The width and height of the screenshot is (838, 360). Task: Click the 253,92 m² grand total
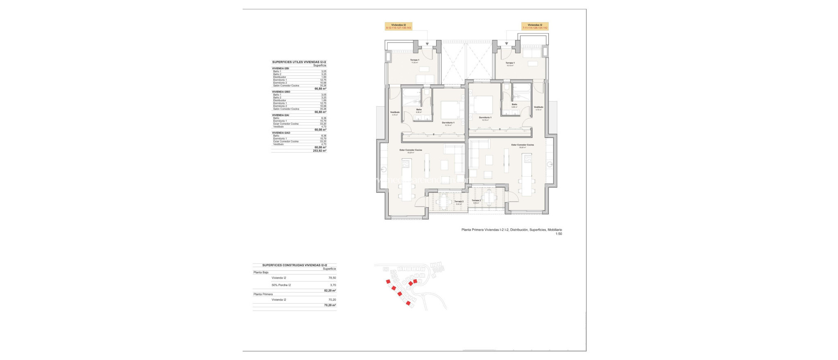[x=320, y=151]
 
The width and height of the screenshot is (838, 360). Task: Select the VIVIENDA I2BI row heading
[x=280, y=68]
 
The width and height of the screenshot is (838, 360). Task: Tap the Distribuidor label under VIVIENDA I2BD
[x=279, y=100]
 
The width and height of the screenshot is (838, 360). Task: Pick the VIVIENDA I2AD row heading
[x=281, y=133]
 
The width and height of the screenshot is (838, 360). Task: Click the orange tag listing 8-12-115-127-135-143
[x=398, y=26]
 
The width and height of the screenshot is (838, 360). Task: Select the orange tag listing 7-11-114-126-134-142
[x=535, y=26]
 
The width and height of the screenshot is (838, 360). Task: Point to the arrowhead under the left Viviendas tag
[x=428, y=43]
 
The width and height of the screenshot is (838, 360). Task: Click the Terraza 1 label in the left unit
[x=415, y=60]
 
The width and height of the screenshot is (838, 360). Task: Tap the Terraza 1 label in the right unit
[x=510, y=63]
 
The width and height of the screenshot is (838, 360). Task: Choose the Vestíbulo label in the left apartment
[x=394, y=112]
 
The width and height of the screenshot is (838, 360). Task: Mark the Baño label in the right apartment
[x=514, y=104]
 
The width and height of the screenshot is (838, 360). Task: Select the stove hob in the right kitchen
[x=527, y=158]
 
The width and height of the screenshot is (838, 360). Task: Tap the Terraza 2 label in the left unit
[x=459, y=201]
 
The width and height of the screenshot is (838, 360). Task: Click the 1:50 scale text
[x=559, y=234]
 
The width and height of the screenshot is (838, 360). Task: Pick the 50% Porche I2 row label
[x=281, y=285]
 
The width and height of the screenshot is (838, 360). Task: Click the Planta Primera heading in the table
[x=263, y=294]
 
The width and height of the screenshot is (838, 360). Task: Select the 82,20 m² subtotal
[x=330, y=290]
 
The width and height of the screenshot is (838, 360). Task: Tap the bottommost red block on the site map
[x=408, y=303]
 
